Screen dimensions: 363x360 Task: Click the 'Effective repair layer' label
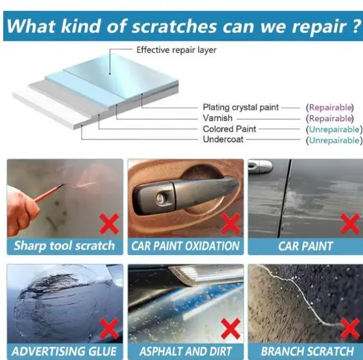point(176,50)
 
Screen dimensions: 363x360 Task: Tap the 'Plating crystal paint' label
point(241,108)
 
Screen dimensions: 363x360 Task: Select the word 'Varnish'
point(218,118)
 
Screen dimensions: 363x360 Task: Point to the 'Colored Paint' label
point(229,129)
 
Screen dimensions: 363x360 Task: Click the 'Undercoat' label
point(223,140)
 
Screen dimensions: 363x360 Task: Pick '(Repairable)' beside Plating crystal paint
point(330,108)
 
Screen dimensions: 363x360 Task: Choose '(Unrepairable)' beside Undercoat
point(334,140)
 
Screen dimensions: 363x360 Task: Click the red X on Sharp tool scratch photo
point(109,223)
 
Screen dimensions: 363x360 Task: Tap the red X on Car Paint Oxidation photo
point(230,223)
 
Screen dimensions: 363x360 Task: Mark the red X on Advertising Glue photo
point(109,328)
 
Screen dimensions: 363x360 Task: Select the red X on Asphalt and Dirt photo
point(230,328)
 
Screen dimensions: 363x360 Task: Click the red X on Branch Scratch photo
point(350,328)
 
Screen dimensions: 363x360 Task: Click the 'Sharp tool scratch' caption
point(64,246)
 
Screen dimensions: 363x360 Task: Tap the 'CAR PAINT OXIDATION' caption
point(185,246)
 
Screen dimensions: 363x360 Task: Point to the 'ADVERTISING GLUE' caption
point(64,351)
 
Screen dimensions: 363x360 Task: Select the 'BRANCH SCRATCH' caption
point(307,351)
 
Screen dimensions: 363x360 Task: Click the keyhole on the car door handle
point(161,199)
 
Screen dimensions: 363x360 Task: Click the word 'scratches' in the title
point(174,26)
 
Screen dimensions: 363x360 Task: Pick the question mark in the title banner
point(357,26)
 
